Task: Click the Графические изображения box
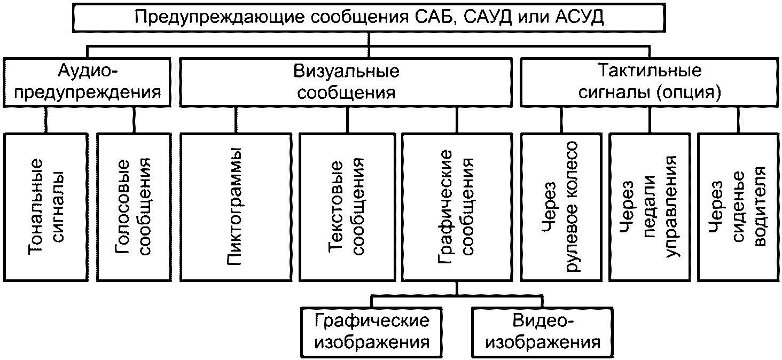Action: click(372, 331)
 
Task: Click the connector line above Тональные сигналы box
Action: click(45, 120)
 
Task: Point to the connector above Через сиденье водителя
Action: click(739, 120)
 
